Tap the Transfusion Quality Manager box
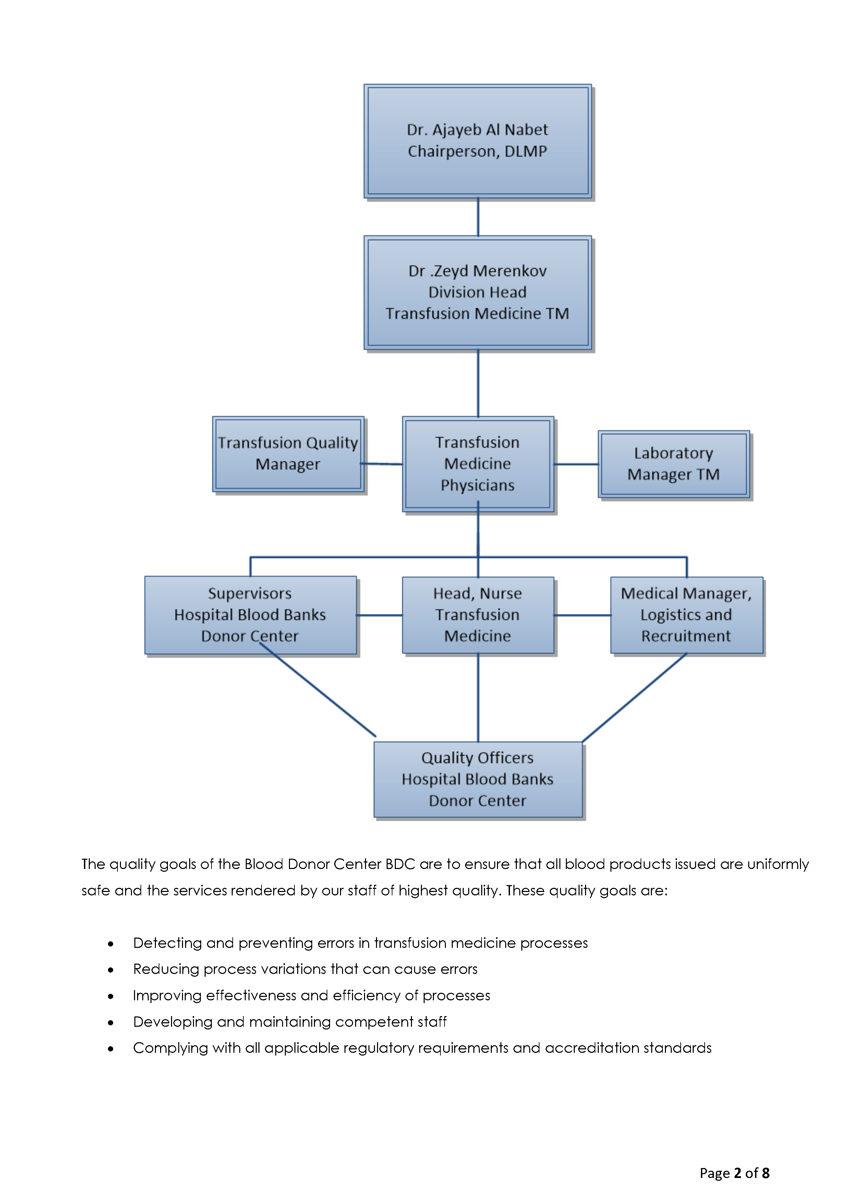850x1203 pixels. click(x=288, y=454)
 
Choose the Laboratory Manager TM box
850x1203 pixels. click(x=673, y=464)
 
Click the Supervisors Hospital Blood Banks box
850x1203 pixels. click(x=250, y=614)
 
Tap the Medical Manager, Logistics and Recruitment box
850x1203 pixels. click(x=686, y=614)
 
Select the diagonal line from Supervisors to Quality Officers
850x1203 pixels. click(x=317, y=690)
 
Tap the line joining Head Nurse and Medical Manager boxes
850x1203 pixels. click(x=582, y=615)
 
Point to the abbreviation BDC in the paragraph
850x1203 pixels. click(x=400, y=864)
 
